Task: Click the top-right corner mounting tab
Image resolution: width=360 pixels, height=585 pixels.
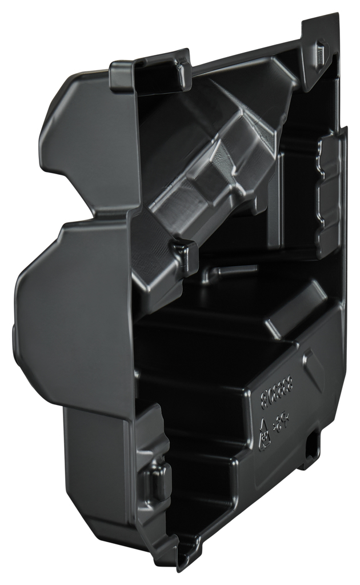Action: pos(320,43)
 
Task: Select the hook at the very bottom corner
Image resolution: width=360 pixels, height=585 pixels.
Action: pos(186,556)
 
